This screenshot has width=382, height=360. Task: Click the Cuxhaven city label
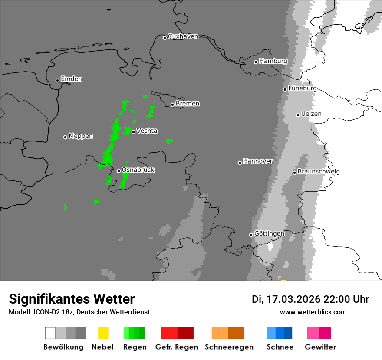click(x=183, y=36)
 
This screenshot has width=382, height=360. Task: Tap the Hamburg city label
click(x=273, y=61)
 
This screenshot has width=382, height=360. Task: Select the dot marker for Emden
click(x=57, y=80)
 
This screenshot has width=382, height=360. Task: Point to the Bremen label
click(x=188, y=104)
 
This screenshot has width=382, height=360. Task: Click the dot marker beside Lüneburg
click(x=285, y=89)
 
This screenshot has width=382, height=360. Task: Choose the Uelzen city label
click(x=311, y=114)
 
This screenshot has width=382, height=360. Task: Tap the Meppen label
click(x=81, y=136)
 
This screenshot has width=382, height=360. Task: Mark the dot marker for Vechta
click(x=133, y=132)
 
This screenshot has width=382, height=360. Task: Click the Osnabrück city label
click(x=138, y=170)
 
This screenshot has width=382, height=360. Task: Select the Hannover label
click(x=257, y=161)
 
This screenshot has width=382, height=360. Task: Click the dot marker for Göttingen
click(x=251, y=235)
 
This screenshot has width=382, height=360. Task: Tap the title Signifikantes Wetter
click(x=72, y=299)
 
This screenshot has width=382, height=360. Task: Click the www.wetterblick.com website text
click(x=313, y=312)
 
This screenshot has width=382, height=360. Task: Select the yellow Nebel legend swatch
click(x=103, y=333)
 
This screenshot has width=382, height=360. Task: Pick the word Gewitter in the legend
click(x=320, y=347)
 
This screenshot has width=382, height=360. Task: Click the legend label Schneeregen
click(x=229, y=347)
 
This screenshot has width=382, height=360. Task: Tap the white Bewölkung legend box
click(x=50, y=333)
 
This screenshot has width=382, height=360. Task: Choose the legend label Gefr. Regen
click(x=177, y=347)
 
